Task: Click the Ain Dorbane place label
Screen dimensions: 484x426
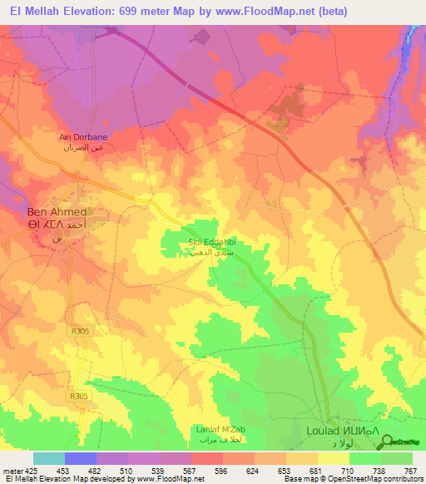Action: coord(83,137)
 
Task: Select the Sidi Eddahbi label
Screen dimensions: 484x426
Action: coord(215,241)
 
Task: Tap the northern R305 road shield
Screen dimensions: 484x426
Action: coord(79,331)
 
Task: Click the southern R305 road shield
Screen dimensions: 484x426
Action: coord(79,396)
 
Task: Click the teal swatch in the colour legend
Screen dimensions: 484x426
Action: coord(49,459)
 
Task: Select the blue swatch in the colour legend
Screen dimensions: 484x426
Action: coord(81,459)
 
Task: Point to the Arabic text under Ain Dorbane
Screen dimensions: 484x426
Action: coord(83,146)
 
